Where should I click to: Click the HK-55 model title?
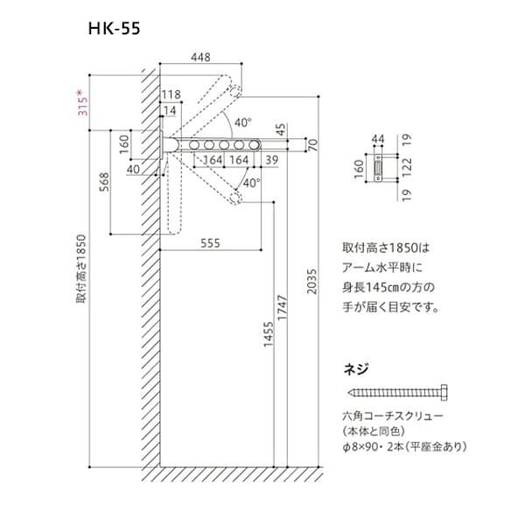tap(114, 29)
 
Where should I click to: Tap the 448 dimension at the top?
tap(200, 57)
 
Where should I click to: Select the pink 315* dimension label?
tap(83, 101)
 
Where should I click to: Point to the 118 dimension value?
tap(171, 94)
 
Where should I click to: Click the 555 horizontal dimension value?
tap(210, 243)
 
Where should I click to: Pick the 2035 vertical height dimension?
tap(311, 281)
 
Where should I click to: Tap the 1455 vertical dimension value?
tap(269, 334)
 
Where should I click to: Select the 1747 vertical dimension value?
tap(283, 307)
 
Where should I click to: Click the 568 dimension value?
tap(105, 182)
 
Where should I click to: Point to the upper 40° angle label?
tap(242, 122)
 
